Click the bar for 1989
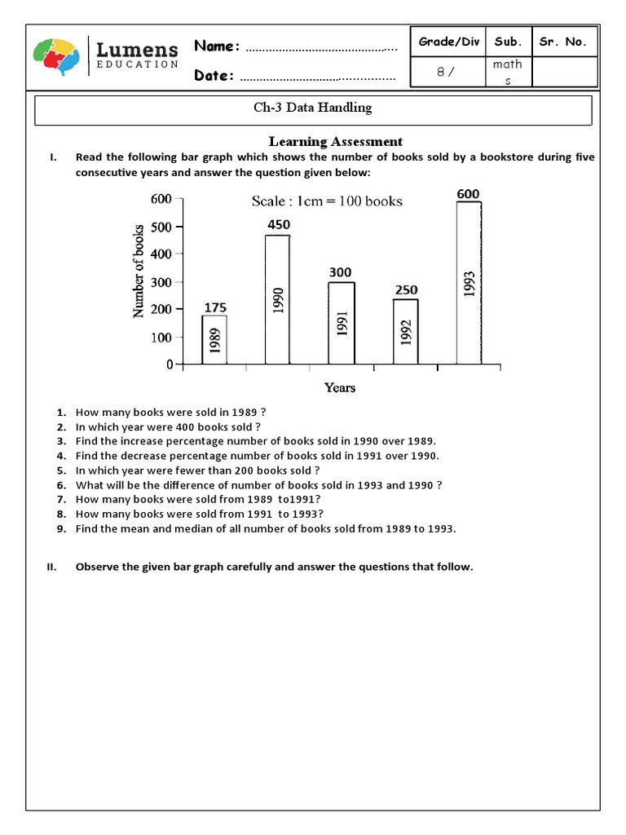coord(214,339)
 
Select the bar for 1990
coord(277,299)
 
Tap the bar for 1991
coord(342,323)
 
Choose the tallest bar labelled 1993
coord(469,282)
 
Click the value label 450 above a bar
coord(278,224)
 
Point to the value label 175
coord(215,307)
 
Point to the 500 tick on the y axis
coord(161,227)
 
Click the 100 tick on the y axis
coord(161,337)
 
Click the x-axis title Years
coord(340,387)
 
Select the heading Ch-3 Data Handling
coord(313,108)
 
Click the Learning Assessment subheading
coord(336,142)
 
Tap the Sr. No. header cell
coord(562,42)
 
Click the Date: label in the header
coord(214,76)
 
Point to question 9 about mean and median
coord(266,528)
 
